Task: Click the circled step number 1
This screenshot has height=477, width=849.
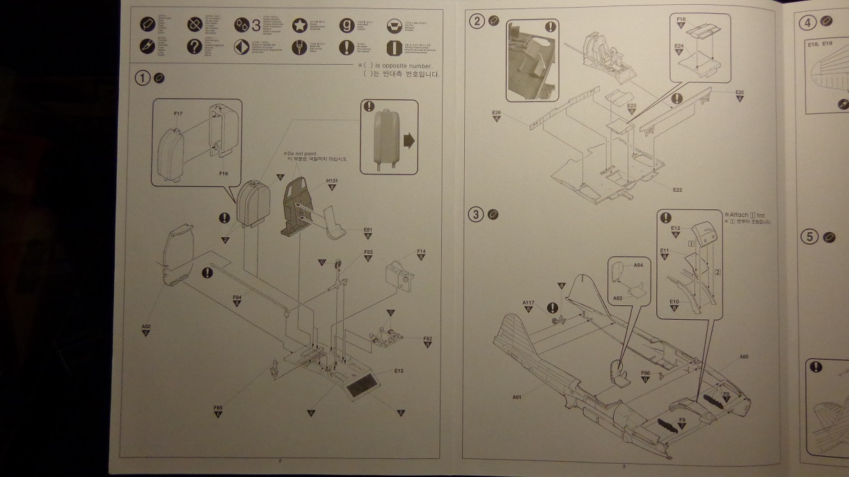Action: tap(143, 78)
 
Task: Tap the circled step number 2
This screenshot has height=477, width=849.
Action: tap(477, 21)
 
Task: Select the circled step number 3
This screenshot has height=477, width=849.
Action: tap(477, 214)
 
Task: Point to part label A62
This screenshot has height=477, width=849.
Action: tap(146, 325)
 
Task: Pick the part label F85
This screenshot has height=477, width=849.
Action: tap(218, 407)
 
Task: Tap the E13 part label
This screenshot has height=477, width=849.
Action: tap(398, 371)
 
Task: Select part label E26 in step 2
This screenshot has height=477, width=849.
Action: tap(496, 112)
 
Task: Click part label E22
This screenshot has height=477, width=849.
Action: tap(677, 189)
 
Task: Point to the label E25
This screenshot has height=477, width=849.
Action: tap(739, 92)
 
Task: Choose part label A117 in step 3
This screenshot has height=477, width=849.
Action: tap(528, 302)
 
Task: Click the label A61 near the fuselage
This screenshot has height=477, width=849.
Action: tap(517, 396)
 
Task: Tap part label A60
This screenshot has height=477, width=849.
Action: tap(744, 357)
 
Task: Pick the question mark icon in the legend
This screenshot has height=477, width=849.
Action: tap(195, 47)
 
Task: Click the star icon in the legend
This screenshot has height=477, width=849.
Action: tap(299, 26)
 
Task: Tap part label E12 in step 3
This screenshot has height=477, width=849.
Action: tap(675, 228)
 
